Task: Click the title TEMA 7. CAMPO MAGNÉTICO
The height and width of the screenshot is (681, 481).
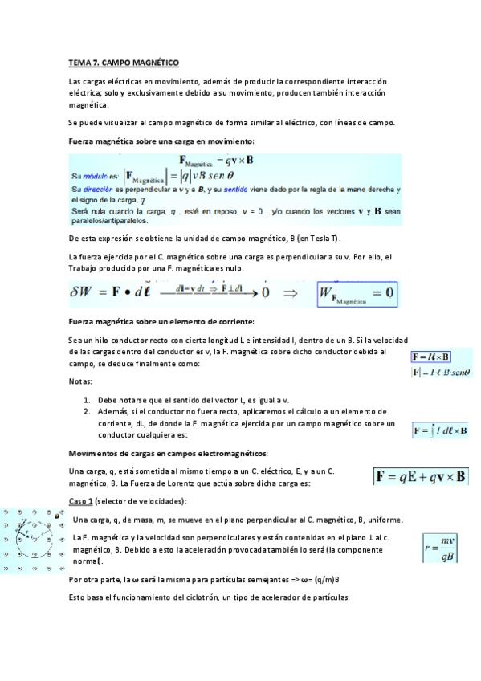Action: coord(124,62)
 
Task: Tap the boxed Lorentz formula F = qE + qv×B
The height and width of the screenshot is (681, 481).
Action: coord(422,477)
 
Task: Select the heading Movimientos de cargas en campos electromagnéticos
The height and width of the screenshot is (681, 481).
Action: coord(169,453)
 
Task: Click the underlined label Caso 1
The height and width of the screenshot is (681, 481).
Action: coord(82,501)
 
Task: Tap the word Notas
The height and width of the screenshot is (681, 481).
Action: coord(80,382)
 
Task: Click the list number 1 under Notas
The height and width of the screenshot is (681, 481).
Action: coord(87,399)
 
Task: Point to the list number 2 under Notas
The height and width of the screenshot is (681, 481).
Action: coord(87,410)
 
